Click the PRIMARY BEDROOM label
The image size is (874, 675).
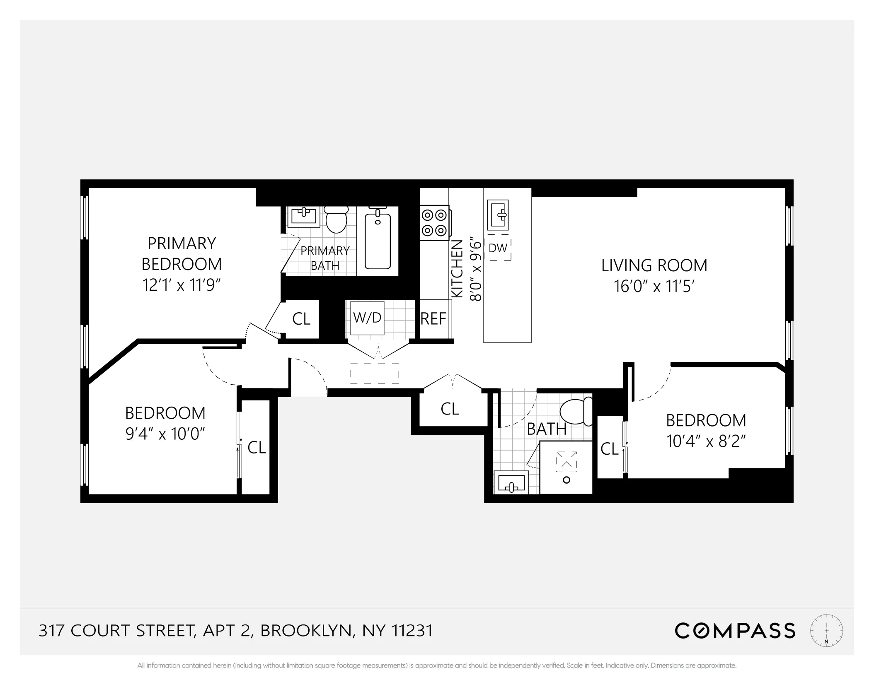(182, 253)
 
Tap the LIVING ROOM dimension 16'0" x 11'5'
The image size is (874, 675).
(654, 286)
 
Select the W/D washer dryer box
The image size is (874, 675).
(367, 318)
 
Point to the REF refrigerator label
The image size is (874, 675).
(433, 319)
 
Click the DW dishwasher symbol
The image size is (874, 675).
(498, 248)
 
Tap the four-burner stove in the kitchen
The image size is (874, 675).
(435, 223)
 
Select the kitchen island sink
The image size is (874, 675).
(498, 215)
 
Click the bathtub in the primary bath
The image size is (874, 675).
(378, 241)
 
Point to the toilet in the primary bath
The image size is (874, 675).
(336, 220)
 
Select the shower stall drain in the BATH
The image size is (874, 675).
(567, 480)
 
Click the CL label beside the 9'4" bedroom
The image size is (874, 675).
(257, 447)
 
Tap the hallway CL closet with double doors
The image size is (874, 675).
(450, 409)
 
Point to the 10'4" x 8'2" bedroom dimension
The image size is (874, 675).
(706, 441)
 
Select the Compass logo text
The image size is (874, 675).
(735, 631)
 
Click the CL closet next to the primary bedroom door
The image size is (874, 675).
(301, 319)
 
